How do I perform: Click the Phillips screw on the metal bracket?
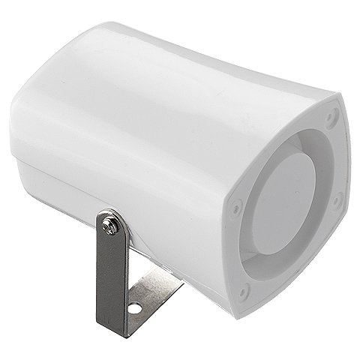111,224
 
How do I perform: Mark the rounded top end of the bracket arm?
109,214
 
